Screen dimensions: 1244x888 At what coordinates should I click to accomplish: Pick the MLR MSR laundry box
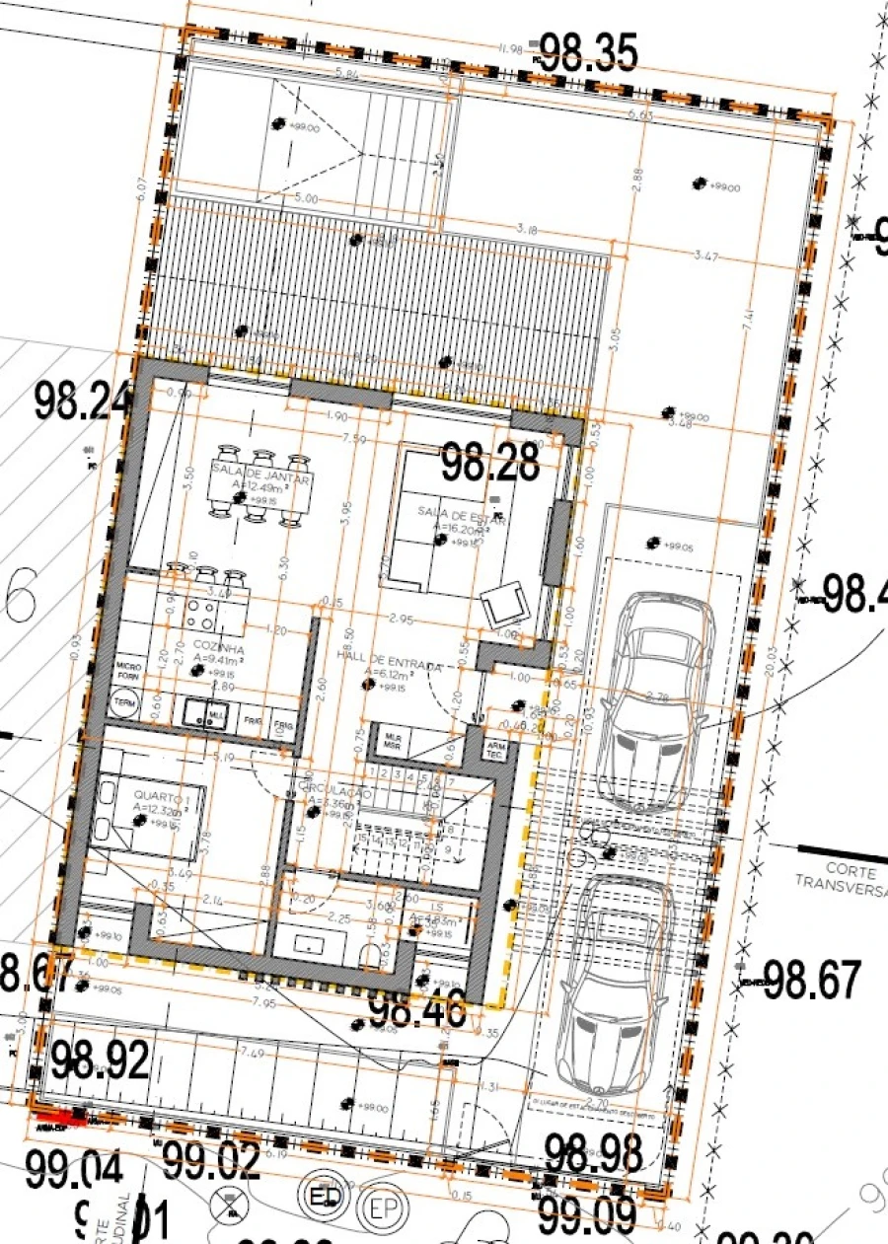point(394,740)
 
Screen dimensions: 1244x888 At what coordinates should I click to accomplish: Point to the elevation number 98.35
point(586,53)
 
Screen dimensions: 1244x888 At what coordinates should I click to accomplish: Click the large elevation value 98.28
point(490,462)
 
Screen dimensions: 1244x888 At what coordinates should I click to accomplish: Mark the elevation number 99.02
point(212,1162)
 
